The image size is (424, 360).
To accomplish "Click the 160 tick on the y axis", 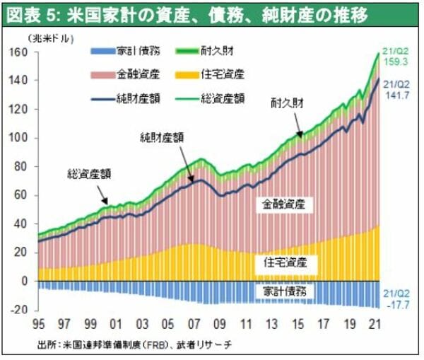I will pyautogui.click(x=18, y=53).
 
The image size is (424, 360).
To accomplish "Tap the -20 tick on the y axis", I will pyautogui.click(x=18, y=310).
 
